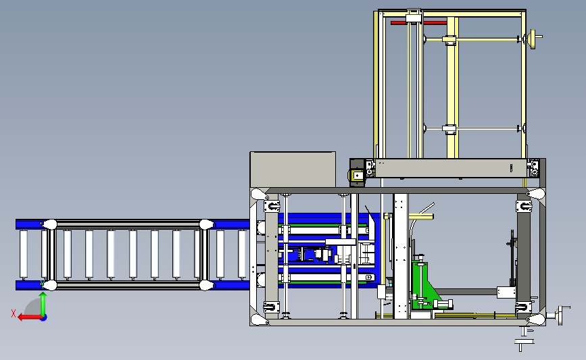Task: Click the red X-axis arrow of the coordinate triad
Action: (x=29, y=317)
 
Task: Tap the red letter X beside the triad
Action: (x=14, y=313)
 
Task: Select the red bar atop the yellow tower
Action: (x=418, y=23)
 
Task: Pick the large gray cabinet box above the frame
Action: (x=293, y=170)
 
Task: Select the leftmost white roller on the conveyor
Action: (x=24, y=255)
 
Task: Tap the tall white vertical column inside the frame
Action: (x=401, y=256)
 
